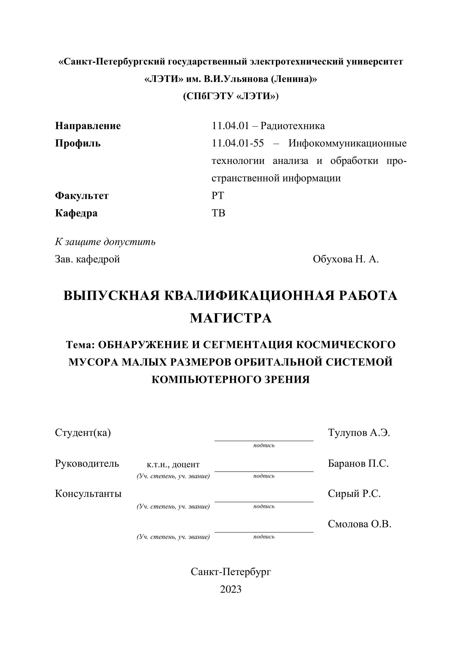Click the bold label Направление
(x=88, y=126)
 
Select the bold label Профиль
(x=78, y=143)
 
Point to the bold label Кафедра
(x=76, y=213)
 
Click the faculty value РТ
(x=218, y=196)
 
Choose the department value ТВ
(x=218, y=213)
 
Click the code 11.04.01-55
(x=238, y=143)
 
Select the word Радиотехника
(x=293, y=126)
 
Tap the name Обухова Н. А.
(x=346, y=259)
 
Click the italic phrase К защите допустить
(x=105, y=242)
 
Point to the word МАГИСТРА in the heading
(x=231, y=318)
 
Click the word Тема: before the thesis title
(x=80, y=345)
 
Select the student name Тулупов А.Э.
(x=359, y=433)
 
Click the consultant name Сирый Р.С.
(x=354, y=494)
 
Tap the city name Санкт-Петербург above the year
(x=231, y=572)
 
